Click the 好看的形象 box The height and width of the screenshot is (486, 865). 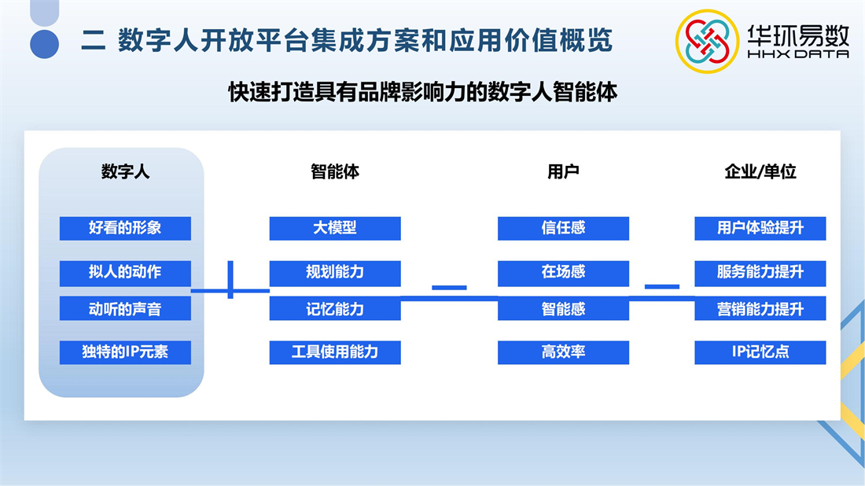point(125,228)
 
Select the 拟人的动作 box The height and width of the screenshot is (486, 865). point(125,273)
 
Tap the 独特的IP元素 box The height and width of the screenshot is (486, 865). point(125,352)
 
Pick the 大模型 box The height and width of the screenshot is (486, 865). point(335,228)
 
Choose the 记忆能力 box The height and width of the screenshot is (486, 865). point(335,308)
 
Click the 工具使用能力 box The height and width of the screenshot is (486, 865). point(335,352)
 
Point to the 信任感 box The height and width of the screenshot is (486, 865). point(563,228)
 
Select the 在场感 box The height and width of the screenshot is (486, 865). point(563,273)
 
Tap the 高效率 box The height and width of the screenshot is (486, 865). point(563,352)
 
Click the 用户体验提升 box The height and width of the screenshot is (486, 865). point(760,228)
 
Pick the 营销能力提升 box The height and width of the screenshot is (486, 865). point(760,308)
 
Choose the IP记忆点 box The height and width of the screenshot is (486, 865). point(760,352)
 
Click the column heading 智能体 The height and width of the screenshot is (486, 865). point(335,171)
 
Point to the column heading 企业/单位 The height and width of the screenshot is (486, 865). point(760,171)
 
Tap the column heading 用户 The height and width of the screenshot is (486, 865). point(563,171)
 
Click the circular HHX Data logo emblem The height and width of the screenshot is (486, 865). point(707,42)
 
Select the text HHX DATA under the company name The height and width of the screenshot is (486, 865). point(797,54)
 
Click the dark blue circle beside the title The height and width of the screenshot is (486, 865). point(45,44)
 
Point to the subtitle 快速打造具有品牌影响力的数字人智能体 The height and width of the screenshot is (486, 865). point(422,92)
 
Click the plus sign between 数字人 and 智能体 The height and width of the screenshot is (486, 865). point(230,280)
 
